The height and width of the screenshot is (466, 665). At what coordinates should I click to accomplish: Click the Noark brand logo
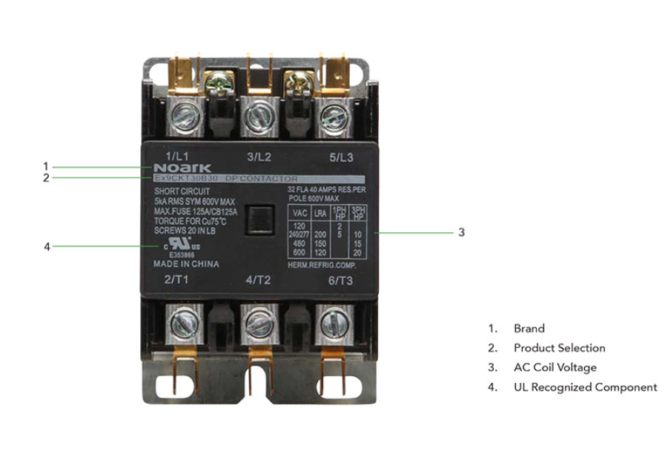coord(171,168)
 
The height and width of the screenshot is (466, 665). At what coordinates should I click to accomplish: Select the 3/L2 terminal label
coord(259,156)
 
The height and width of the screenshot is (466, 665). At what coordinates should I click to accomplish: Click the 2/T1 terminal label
coord(178,280)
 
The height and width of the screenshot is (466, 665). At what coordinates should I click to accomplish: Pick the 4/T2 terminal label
coord(259,280)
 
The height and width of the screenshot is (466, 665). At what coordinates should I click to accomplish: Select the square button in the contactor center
coord(259,217)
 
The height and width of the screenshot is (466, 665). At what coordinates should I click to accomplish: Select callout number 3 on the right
coord(461,232)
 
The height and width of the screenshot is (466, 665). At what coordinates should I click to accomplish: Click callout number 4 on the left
coord(46,246)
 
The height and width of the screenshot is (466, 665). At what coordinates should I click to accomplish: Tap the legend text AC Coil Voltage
coord(555,367)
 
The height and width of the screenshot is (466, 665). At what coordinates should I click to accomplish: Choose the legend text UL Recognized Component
coord(585,387)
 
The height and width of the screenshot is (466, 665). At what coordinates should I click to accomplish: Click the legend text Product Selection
coord(559,348)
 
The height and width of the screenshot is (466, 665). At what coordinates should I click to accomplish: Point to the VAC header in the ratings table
coord(300,212)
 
